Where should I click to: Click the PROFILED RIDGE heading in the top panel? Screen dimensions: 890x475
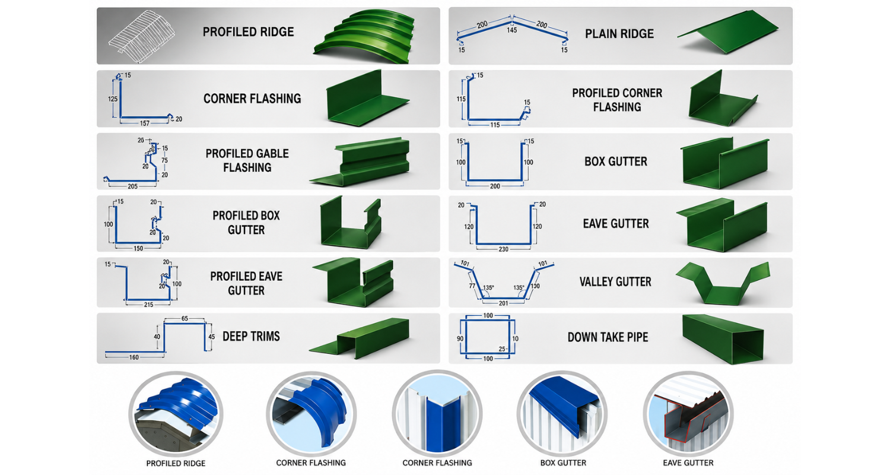[x=249, y=32]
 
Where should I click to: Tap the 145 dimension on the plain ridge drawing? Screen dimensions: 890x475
[x=511, y=30]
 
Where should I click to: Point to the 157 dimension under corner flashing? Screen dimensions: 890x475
[x=145, y=123]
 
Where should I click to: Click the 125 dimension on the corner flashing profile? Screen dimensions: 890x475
[x=113, y=99]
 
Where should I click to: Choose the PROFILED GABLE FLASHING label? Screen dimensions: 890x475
[x=247, y=160]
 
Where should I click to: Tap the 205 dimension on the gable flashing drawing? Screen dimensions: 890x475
[x=133, y=186]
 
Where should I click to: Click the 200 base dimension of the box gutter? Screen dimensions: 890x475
[x=495, y=186]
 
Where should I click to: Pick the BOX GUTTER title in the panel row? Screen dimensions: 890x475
[x=616, y=161]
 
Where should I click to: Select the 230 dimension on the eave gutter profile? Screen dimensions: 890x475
[x=503, y=249]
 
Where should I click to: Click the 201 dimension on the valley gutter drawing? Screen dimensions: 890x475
[x=503, y=303]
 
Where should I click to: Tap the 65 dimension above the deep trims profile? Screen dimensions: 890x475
[x=185, y=318]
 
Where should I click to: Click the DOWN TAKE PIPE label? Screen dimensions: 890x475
[x=608, y=337]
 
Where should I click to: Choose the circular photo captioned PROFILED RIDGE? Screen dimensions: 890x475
[x=176, y=414]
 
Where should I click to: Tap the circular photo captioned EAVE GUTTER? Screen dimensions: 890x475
[x=688, y=414]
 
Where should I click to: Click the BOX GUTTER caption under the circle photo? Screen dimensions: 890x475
[x=563, y=463]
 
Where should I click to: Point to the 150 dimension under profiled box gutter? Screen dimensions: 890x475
[x=138, y=248]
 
